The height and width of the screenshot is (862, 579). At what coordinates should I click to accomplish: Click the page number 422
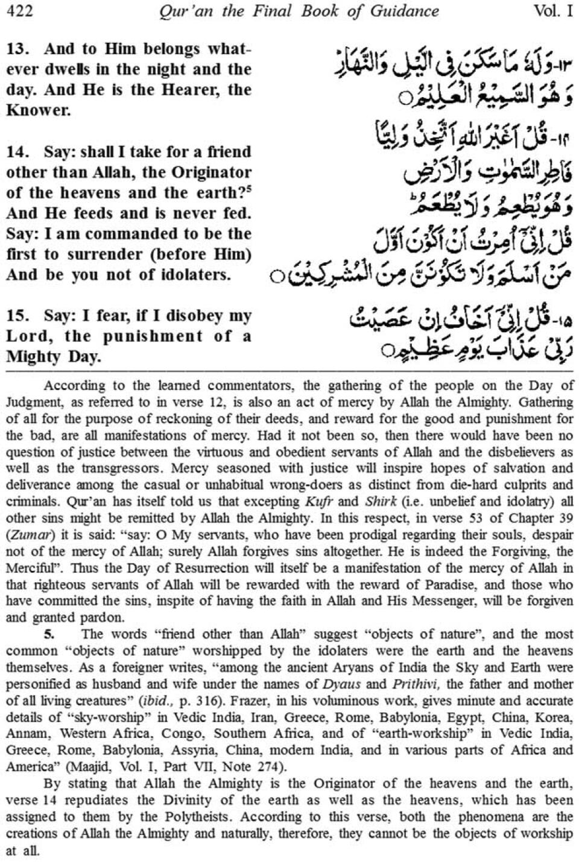pos(20,11)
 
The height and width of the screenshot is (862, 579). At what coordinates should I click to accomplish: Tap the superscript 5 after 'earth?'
pos(248,189)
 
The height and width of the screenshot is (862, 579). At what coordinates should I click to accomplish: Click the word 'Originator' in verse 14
pos(212,172)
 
